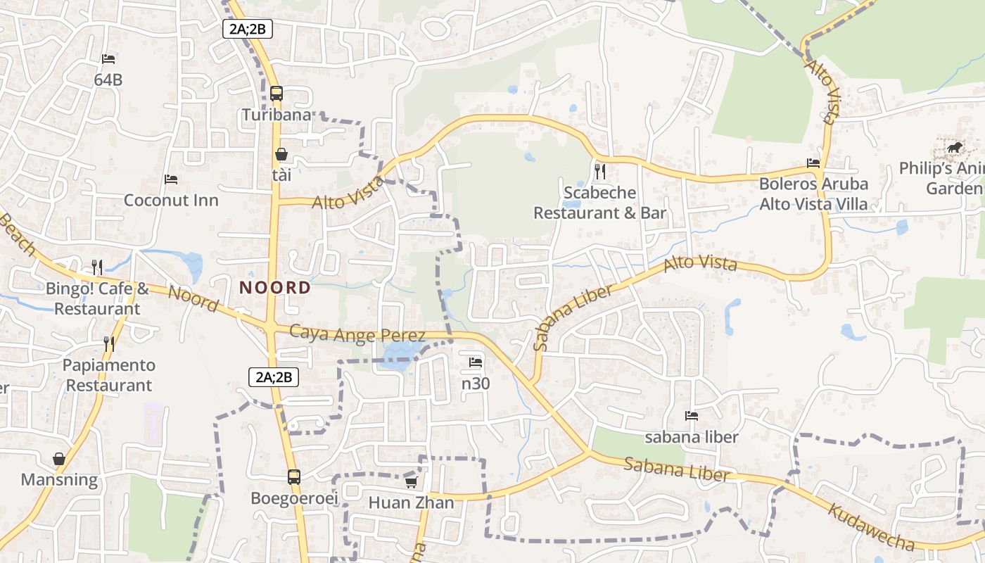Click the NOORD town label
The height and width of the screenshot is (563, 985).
[274, 287]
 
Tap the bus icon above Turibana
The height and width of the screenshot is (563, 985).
[276, 94]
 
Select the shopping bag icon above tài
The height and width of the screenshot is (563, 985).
[281, 154]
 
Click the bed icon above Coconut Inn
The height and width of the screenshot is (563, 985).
[171, 179]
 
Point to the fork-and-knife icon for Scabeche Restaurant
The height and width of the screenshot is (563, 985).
[600, 171]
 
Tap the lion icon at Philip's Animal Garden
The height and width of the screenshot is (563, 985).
[955, 148]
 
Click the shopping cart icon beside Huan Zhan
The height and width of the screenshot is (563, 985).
[412, 482]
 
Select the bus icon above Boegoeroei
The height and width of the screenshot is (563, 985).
[294, 476]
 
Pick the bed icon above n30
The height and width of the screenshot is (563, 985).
[476, 362]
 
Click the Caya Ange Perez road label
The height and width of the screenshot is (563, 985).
[357, 334]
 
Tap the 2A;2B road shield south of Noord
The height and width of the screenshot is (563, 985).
[274, 377]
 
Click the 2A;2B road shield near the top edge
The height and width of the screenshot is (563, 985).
[247, 29]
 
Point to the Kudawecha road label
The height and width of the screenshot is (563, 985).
[870, 527]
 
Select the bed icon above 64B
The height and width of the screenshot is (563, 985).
[108, 58]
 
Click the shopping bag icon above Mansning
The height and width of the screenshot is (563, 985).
[59, 459]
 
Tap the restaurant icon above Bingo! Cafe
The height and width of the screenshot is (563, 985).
[97, 267]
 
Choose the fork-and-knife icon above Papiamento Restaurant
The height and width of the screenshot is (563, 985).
[108, 343]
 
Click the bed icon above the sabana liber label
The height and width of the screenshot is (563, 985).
[692, 416]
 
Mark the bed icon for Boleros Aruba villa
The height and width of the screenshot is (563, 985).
[813, 163]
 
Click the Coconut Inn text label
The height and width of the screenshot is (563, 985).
[171, 201]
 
